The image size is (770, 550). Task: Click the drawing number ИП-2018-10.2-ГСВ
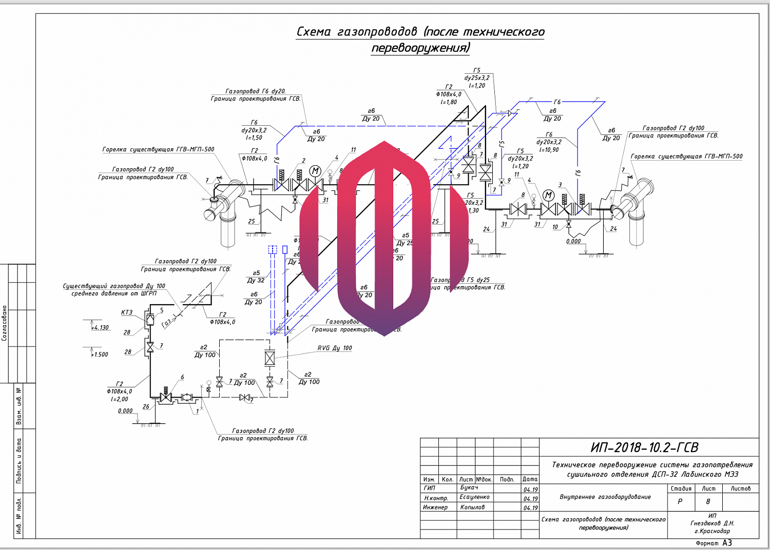point(644,447)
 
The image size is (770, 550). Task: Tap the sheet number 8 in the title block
point(708,501)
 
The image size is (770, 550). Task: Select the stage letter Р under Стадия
point(680,501)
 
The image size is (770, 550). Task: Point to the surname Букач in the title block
point(469,487)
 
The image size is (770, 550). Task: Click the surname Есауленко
point(474,497)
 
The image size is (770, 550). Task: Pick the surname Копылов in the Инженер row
point(472,507)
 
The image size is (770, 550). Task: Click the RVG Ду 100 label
point(335,348)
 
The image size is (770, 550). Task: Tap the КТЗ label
point(127,312)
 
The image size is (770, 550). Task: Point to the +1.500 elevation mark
point(100,355)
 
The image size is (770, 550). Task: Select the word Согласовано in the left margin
point(5,323)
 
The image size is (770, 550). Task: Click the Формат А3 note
point(714,543)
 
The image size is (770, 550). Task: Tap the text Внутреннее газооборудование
point(605,497)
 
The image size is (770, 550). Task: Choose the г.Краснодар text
point(712,531)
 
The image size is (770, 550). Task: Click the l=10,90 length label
point(549,150)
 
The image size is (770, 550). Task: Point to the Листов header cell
point(740,488)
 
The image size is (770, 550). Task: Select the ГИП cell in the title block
point(429,488)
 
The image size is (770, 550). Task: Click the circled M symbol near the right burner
point(549,195)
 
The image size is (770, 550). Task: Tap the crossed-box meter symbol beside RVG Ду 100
point(270,358)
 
